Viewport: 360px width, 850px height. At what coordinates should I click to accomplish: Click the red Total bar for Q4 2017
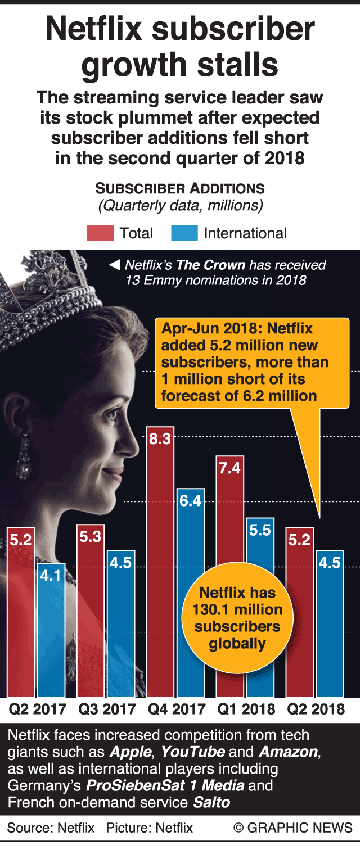pos(160,562)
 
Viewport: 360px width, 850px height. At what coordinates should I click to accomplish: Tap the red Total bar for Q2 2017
pos(21,613)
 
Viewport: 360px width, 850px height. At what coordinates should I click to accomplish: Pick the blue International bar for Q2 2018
pos(330,624)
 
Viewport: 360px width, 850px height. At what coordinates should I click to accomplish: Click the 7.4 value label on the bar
pos(230,468)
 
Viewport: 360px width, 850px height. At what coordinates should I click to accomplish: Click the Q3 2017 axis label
pos(107,709)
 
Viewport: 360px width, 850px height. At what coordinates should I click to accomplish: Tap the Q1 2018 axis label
pos(246,709)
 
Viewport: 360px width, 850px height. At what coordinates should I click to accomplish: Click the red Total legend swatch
pos(100,233)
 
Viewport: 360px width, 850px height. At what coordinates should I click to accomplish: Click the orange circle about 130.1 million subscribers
pos(237,618)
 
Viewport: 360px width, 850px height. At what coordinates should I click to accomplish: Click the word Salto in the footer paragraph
pos(211,802)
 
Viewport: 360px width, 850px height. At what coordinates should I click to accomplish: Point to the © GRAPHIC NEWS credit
pos(293,828)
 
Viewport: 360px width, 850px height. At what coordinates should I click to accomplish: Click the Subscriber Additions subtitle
pos(180,188)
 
